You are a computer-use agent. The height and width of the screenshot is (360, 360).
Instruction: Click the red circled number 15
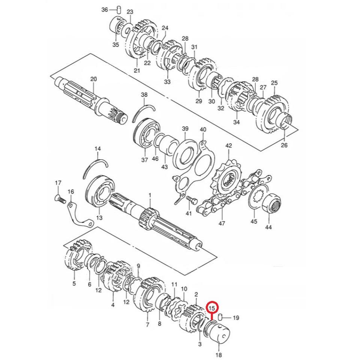point(213,308)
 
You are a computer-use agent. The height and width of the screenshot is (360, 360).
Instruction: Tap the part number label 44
point(268,227)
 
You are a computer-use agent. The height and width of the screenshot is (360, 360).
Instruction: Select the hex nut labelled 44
point(273,205)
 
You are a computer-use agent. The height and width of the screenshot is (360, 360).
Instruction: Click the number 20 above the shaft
point(93,79)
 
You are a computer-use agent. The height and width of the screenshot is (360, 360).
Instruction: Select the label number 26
point(284,145)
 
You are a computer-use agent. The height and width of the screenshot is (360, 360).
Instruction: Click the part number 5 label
point(74,283)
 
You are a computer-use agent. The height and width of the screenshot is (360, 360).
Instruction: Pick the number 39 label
point(185,129)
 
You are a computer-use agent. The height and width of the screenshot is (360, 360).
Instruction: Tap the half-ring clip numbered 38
point(144,112)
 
